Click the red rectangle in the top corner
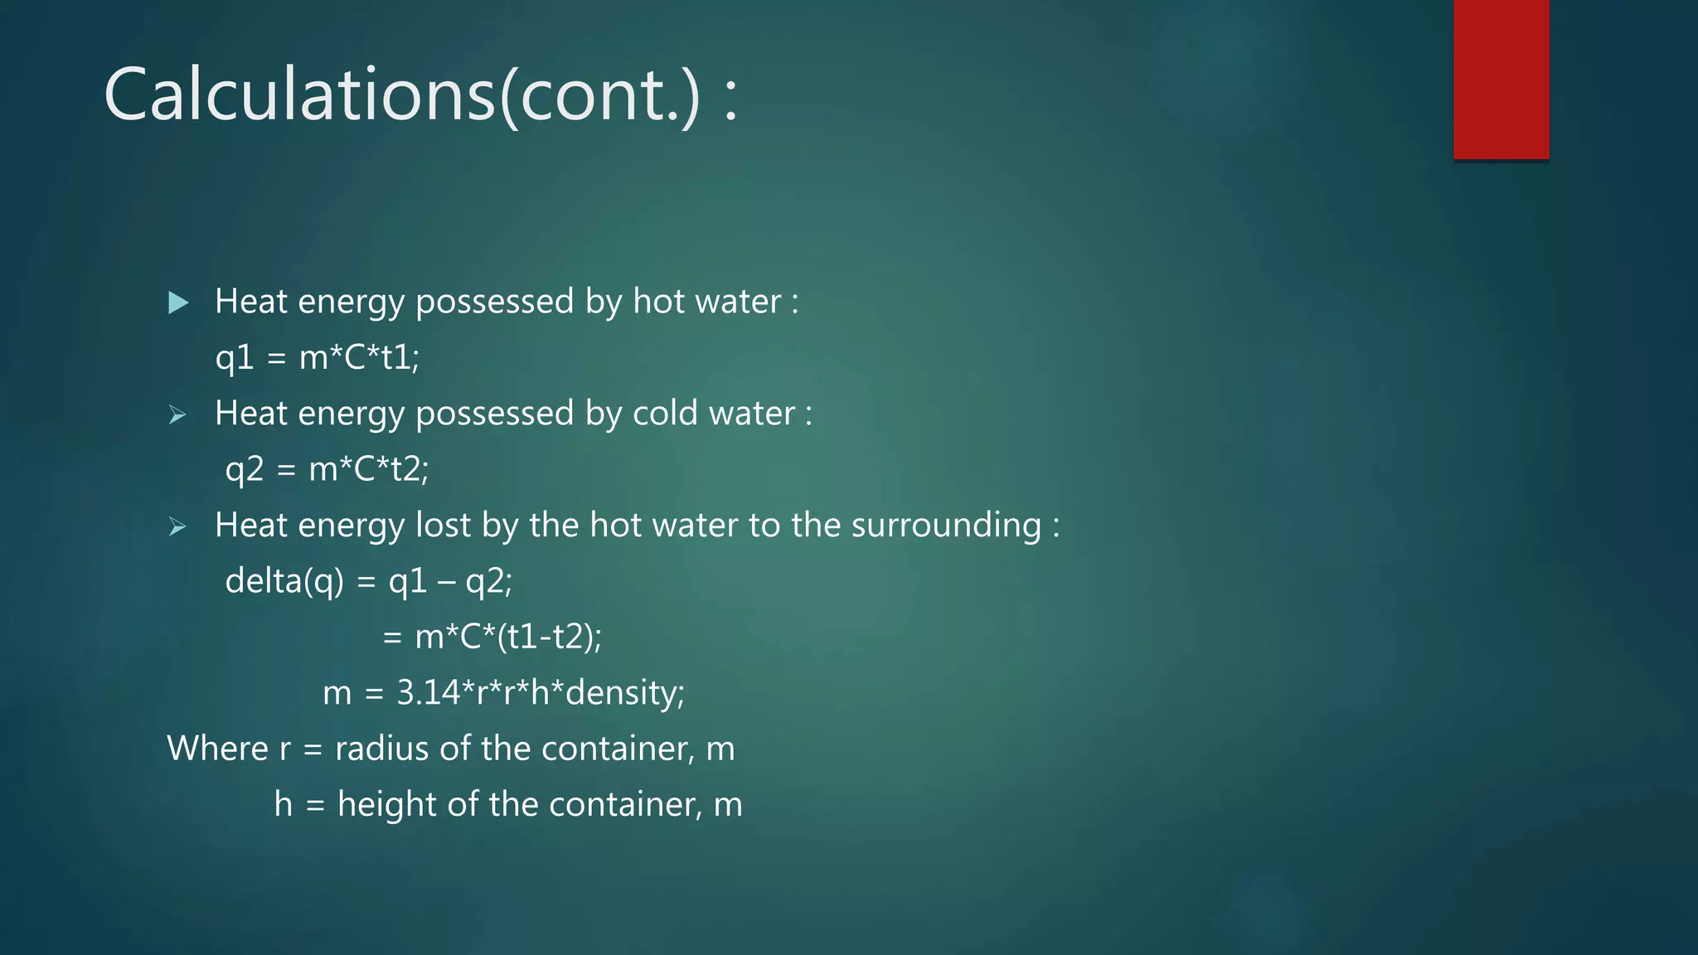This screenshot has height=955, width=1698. point(1501,80)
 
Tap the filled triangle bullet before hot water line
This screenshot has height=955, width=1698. point(178,303)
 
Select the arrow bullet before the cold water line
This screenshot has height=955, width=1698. point(177,414)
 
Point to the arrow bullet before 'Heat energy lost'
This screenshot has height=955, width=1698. point(177,526)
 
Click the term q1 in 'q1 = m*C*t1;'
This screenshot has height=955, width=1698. point(235,358)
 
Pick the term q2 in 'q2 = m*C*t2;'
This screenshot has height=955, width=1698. point(245,470)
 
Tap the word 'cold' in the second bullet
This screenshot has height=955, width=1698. point(660,413)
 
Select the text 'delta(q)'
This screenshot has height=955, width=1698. point(284,581)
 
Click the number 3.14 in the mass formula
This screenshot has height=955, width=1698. point(428,693)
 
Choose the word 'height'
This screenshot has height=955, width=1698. point(386,804)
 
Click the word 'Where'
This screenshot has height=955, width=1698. point(217,749)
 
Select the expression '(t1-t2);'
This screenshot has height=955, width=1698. point(549,637)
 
